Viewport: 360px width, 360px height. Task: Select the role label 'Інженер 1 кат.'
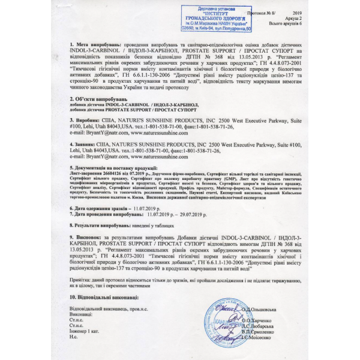(x=85, y=332)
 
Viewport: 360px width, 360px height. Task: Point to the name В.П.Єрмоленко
(x=259, y=331)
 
